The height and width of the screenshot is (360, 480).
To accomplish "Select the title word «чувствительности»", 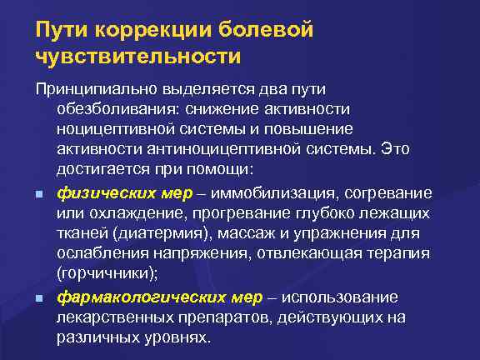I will (x=137, y=57).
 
